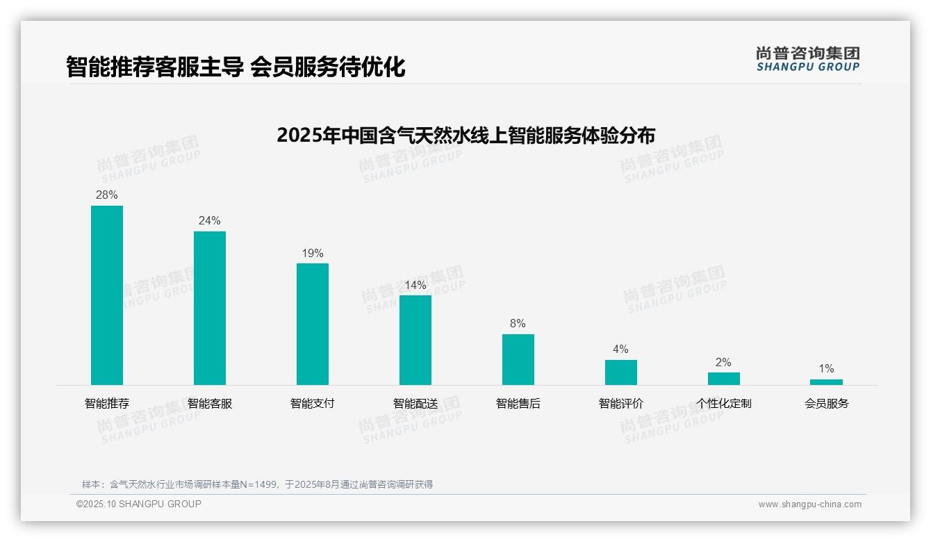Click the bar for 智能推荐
click(107, 295)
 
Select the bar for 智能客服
click(210, 308)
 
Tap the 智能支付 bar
click(313, 324)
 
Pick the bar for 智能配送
click(415, 340)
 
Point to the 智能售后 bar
click(518, 359)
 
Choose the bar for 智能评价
click(621, 372)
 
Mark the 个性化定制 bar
click(724, 379)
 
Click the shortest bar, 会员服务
click(826, 382)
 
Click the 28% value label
click(107, 195)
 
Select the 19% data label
click(313, 254)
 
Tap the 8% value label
click(518, 324)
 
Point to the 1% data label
click(826, 369)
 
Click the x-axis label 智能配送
click(415, 404)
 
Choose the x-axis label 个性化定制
click(724, 404)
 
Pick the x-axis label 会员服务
click(827, 404)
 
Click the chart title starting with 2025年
click(465, 135)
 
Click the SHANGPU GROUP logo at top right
click(808, 59)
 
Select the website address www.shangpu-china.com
click(809, 504)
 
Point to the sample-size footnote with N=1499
click(257, 484)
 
